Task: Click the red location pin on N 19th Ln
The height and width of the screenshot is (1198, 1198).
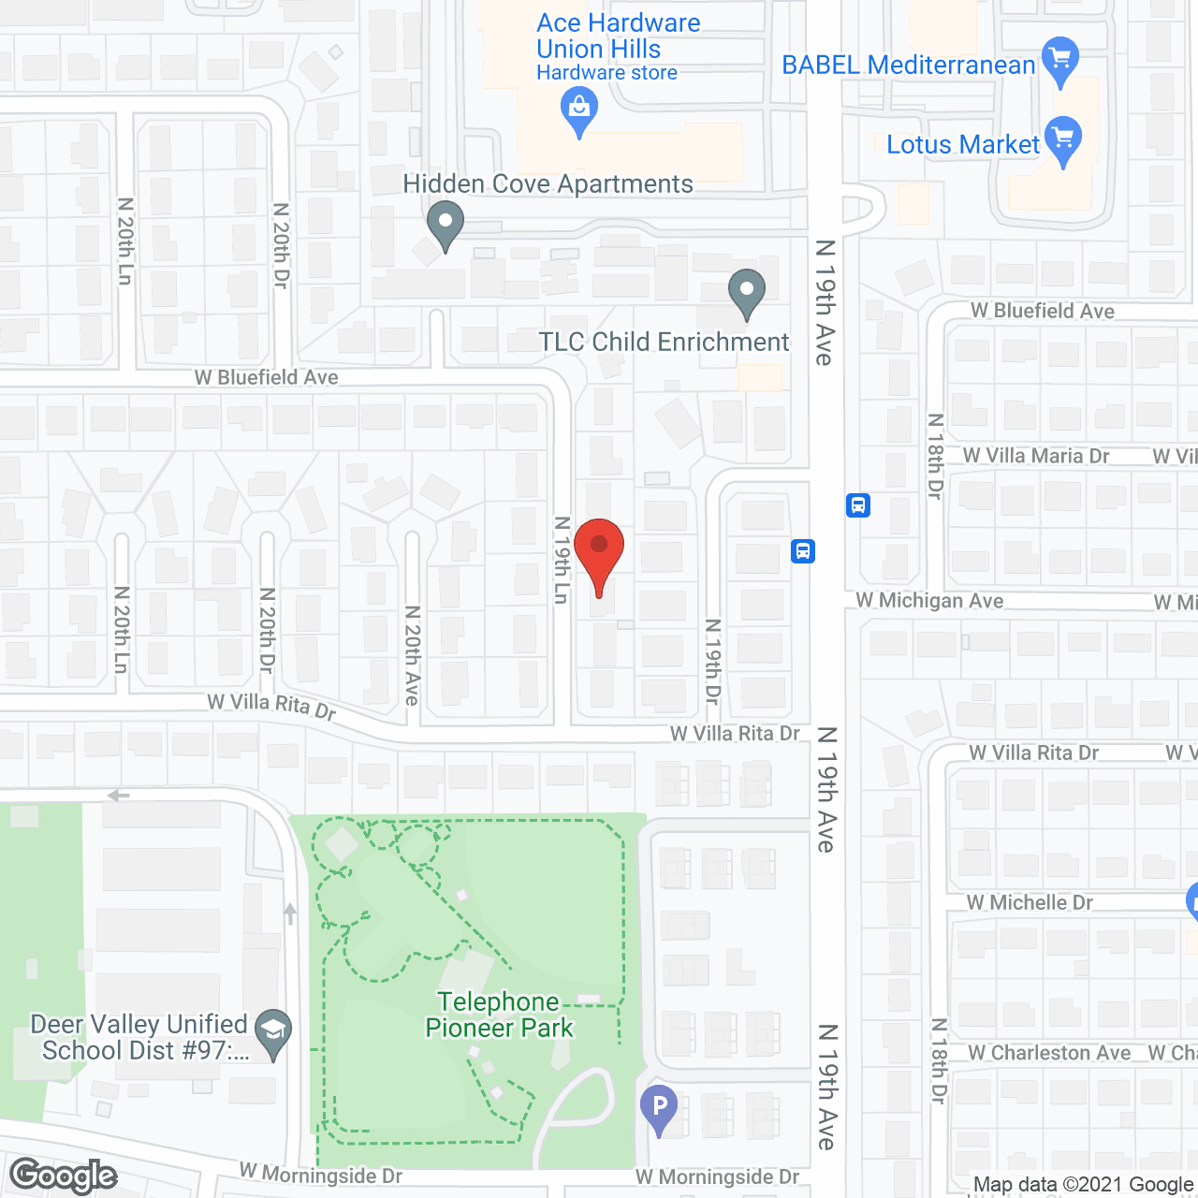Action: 599,552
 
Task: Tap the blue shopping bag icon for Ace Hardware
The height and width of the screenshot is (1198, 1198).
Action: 579,110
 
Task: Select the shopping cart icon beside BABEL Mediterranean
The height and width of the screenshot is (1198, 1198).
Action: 1059,60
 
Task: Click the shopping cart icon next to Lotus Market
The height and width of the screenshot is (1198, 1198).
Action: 1062,139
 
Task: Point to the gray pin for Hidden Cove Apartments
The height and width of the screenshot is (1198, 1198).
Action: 446,225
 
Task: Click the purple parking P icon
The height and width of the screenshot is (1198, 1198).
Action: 659,1107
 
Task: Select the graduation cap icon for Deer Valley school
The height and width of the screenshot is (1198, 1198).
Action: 273,1031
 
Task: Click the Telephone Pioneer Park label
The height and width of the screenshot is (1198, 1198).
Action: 499,1015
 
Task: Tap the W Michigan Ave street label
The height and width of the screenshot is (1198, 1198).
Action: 929,601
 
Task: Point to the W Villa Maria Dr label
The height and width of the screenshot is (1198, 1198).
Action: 1036,456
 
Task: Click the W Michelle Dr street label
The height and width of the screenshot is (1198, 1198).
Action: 1030,902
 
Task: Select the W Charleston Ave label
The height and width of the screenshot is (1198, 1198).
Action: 1049,1053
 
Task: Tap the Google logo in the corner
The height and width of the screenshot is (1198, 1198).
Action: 64,1176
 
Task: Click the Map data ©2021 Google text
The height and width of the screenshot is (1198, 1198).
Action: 1083,1184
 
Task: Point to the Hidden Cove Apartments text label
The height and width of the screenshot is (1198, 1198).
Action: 548,184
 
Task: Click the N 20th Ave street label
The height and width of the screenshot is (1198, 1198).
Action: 412,655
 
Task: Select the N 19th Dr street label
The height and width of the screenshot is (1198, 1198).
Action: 713,662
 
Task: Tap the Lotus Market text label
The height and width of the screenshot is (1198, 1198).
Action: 962,145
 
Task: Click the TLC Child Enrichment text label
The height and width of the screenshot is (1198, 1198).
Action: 664,343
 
